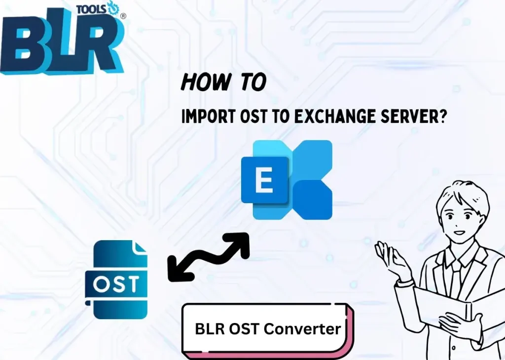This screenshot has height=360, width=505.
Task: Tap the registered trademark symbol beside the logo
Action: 123,16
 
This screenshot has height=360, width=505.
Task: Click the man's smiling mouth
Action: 459,232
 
